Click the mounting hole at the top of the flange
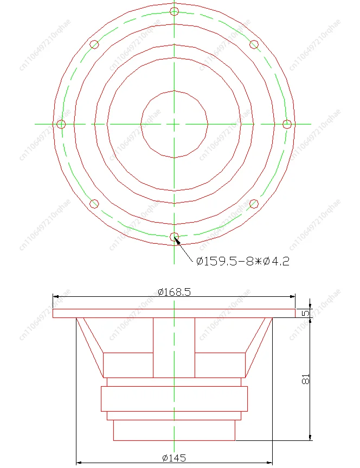point(174,11)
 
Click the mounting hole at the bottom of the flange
point(174,237)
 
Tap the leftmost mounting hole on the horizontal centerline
point(61,124)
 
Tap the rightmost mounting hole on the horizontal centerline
point(287,124)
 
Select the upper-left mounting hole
point(94,44)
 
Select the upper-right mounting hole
point(254,44)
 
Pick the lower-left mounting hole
point(94,204)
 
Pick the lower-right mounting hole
point(254,204)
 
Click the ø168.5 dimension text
point(174,292)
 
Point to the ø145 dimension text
point(174,458)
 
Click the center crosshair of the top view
point(174,124)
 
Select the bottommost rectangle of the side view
point(174,430)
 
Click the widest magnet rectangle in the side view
point(174,399)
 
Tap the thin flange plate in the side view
point(174,313)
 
